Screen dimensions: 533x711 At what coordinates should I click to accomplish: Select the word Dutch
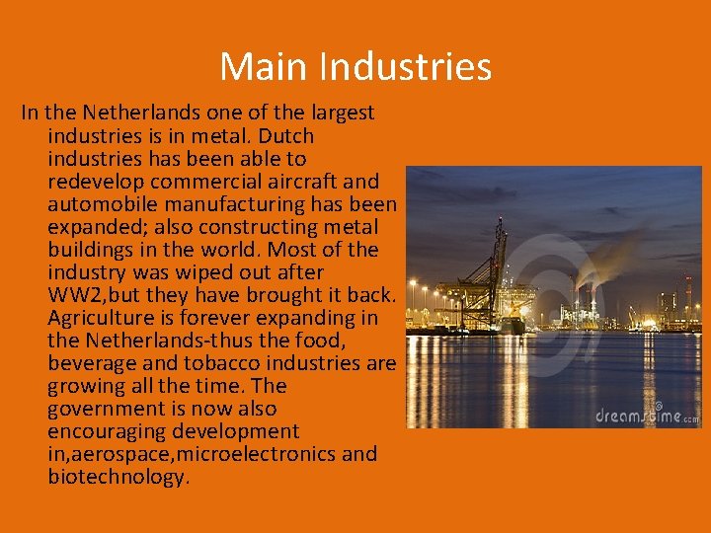click(285, 135)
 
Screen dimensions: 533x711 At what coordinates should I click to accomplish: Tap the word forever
click(231, 317)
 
